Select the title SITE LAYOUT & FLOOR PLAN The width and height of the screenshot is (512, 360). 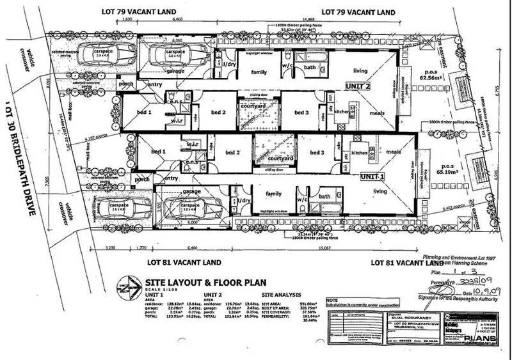tap(193, 281)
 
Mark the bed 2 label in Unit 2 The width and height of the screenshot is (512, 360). tap(220, 113)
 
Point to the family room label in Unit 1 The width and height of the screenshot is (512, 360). tap(273, 192)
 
